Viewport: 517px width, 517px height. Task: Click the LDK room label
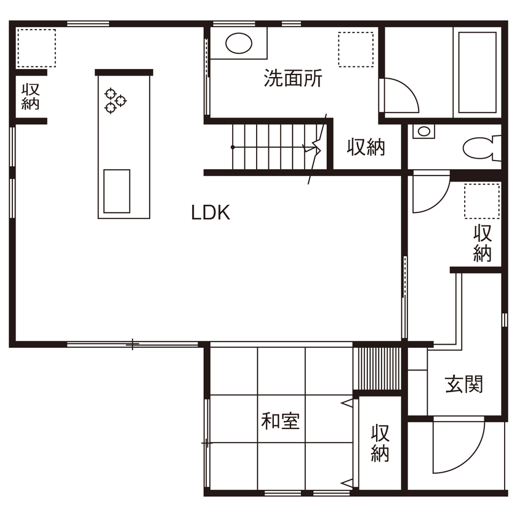click(x=210, y=213)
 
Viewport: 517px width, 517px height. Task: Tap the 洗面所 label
click(x=293, y=79)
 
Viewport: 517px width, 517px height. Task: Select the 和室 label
click(x=280, y=421)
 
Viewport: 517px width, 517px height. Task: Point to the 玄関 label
click(x=463, y=384)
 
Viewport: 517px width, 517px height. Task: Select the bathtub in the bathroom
click(x=477, y=72)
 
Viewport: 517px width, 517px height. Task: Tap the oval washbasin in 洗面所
click(x=239, y=43)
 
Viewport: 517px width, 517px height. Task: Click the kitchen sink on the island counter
click(x=117, y=191)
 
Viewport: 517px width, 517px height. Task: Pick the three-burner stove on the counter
click(x=115, y=100)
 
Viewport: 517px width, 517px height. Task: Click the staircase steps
click(x=276, y=146)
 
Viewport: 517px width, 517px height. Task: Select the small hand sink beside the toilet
click(x=423, y=131)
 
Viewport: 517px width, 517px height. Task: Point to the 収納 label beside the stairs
click(x=366, y=147)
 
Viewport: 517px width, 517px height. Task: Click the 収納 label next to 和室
click(x=380, y=443)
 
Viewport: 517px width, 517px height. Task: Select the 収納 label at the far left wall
click(x=30, y=96)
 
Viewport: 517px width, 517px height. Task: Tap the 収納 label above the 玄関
click(x=483, y=243)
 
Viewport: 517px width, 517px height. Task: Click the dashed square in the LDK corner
click(x=36, y=48)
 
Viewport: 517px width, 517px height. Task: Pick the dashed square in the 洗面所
click(x=356, y=49)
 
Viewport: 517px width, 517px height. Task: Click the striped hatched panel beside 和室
click(x=377, y=369)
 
